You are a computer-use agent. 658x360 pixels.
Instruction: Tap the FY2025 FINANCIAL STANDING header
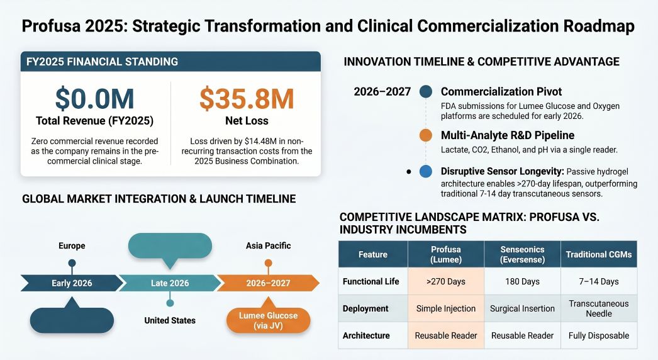(103, 62)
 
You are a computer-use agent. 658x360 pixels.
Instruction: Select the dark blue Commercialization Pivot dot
(425, 91)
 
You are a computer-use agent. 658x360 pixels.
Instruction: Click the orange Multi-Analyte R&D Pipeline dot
(425, 135)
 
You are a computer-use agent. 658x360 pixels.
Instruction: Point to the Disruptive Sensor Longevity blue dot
(425, 171)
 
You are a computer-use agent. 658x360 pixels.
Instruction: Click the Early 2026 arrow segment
(72, 283)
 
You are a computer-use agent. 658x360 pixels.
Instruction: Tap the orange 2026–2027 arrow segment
(268, 283)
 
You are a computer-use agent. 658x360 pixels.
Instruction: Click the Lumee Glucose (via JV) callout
(268, 320)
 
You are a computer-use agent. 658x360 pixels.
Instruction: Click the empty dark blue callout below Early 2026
(72, 319)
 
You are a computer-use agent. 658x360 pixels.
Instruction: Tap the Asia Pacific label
(268, 245)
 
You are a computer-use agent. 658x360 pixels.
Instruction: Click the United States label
(170, 320)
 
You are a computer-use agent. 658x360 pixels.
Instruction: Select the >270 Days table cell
(445, 281)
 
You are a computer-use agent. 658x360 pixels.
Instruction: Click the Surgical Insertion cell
(522, 308)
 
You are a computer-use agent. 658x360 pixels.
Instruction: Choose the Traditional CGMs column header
(599, 254)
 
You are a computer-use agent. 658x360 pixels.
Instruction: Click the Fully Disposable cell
(599, 335)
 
